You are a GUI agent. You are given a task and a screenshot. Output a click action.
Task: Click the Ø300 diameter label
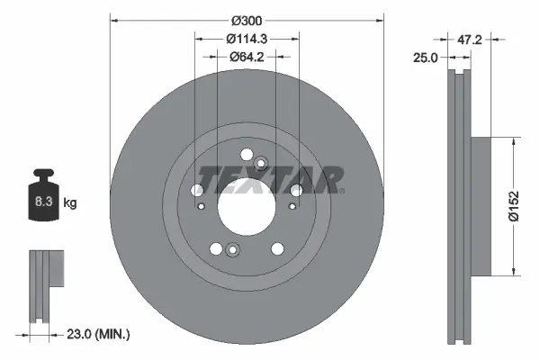point(247,20)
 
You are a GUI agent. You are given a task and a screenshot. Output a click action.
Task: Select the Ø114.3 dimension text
point(247,39)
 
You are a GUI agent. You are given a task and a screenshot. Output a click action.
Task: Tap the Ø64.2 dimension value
point(247,58)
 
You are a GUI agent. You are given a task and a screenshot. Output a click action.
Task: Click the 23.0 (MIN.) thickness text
point(100,335)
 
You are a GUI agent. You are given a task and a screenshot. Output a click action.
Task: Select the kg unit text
point(70,203)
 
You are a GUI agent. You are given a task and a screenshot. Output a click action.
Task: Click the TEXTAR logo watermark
point(270,180)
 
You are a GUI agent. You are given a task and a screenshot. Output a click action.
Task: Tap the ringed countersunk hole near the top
point(261,163)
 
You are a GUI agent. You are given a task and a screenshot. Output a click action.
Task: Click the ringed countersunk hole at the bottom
point(232,251)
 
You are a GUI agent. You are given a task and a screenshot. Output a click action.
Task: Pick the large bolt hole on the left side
point(197,190)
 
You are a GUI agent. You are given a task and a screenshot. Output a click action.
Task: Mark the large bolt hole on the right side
point(295,189)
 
